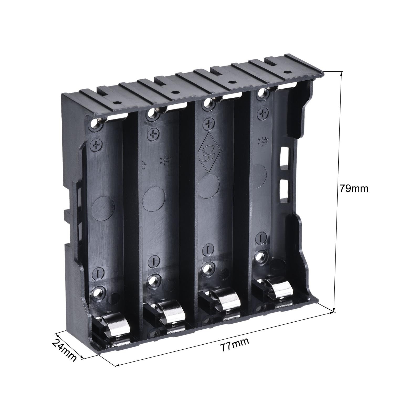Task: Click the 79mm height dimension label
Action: click(x=354, y=188)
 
